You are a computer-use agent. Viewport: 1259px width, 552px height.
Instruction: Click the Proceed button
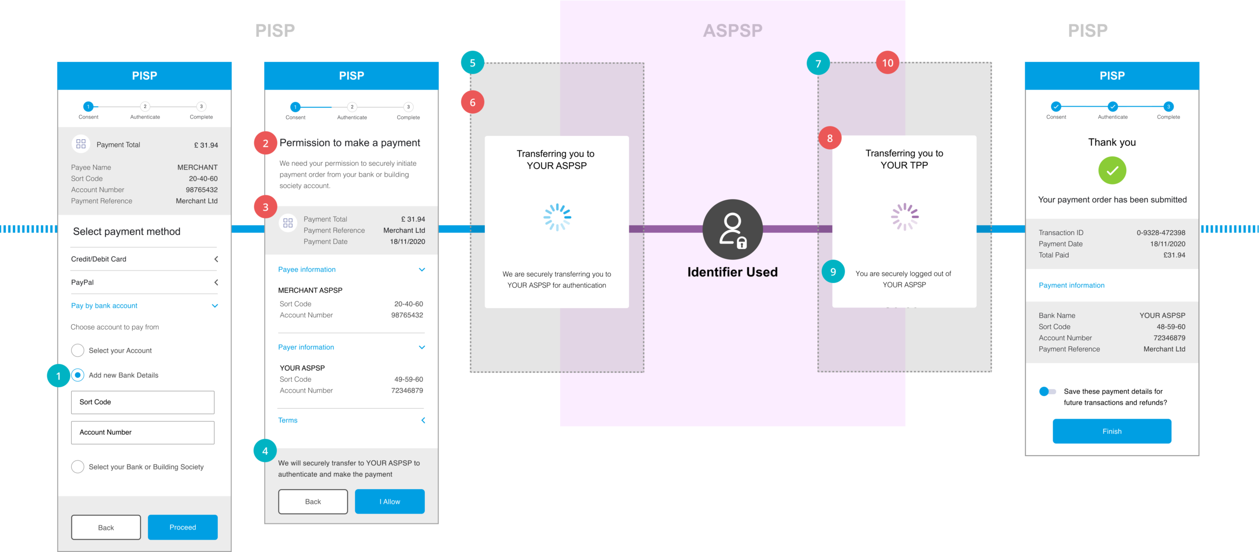click(x=182, y=527)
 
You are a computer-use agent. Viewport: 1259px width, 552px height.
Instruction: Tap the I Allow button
click(x=390, y=501)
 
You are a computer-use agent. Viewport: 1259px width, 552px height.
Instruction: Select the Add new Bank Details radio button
click(x=78, y=375)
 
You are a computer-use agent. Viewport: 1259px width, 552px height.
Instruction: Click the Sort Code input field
click(x=143, y=402)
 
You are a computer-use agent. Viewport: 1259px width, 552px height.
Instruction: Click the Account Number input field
click(x=143, y=432)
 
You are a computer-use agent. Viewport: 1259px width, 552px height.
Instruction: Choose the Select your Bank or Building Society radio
click(x=78, y=466)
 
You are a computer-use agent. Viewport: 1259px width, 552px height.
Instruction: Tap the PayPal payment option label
click(x=82, y=282)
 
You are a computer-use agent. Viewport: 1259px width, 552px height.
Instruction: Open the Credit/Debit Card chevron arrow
click(x=216, y=259)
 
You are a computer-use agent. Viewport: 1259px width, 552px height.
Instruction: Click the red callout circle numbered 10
click(x=887, y=63)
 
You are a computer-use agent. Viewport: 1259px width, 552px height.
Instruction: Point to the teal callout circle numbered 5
click(x=472, y=63)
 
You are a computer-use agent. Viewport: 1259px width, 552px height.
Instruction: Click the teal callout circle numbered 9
click(x=833, y=272)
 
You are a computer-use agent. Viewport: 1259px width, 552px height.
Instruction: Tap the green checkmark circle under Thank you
click(x=1112, y=171)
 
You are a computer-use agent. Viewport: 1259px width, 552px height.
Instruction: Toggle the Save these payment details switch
click(x=1047, y=392)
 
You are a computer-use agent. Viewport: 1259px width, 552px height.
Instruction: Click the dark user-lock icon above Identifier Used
click(x=732, y=229)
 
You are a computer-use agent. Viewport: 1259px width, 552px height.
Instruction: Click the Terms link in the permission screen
click(x=288, y=420)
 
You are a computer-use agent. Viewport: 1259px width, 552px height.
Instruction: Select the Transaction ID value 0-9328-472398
click(x=1161, y=233)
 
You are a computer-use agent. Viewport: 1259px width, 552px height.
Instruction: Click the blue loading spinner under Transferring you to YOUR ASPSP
click(x=557, y=217)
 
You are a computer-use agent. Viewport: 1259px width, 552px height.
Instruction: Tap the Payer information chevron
click(x=421, y=347)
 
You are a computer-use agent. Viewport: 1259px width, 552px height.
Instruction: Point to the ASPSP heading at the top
click(x=732, y=31)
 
